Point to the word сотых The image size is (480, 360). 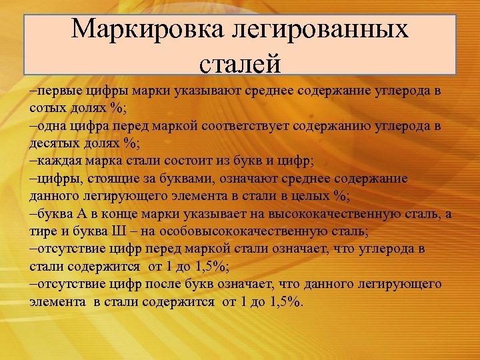pos(45,109)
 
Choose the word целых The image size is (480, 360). pos(308,197)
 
